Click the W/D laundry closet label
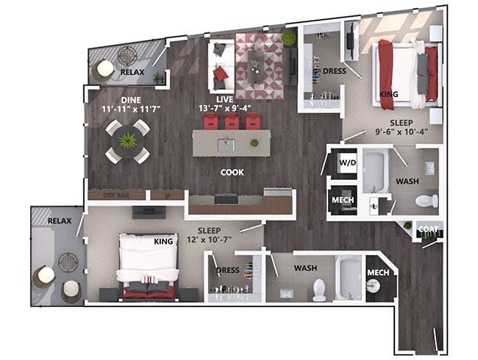pos(348,162)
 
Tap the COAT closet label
pos(428,228)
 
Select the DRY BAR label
pos(116,195)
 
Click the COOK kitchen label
pos(232,173)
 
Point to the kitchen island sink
pos(226,145)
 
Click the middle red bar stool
pos(232,121)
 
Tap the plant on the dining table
pos(128,141)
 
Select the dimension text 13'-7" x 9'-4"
pos(225,108)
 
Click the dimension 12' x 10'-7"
pos(210,240)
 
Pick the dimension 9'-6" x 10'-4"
pos(402,132)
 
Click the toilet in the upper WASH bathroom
pos(427,201)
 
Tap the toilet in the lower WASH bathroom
pos(319,289)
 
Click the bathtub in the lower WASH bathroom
pos(349,278)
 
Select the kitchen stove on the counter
pos(226,198)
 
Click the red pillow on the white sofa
pos(221,74)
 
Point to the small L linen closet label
pos(374,206)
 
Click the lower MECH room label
pos(378,273)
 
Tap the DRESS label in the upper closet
pos(335,71)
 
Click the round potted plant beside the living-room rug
pos(289,37)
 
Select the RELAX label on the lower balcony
pos(60,220)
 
